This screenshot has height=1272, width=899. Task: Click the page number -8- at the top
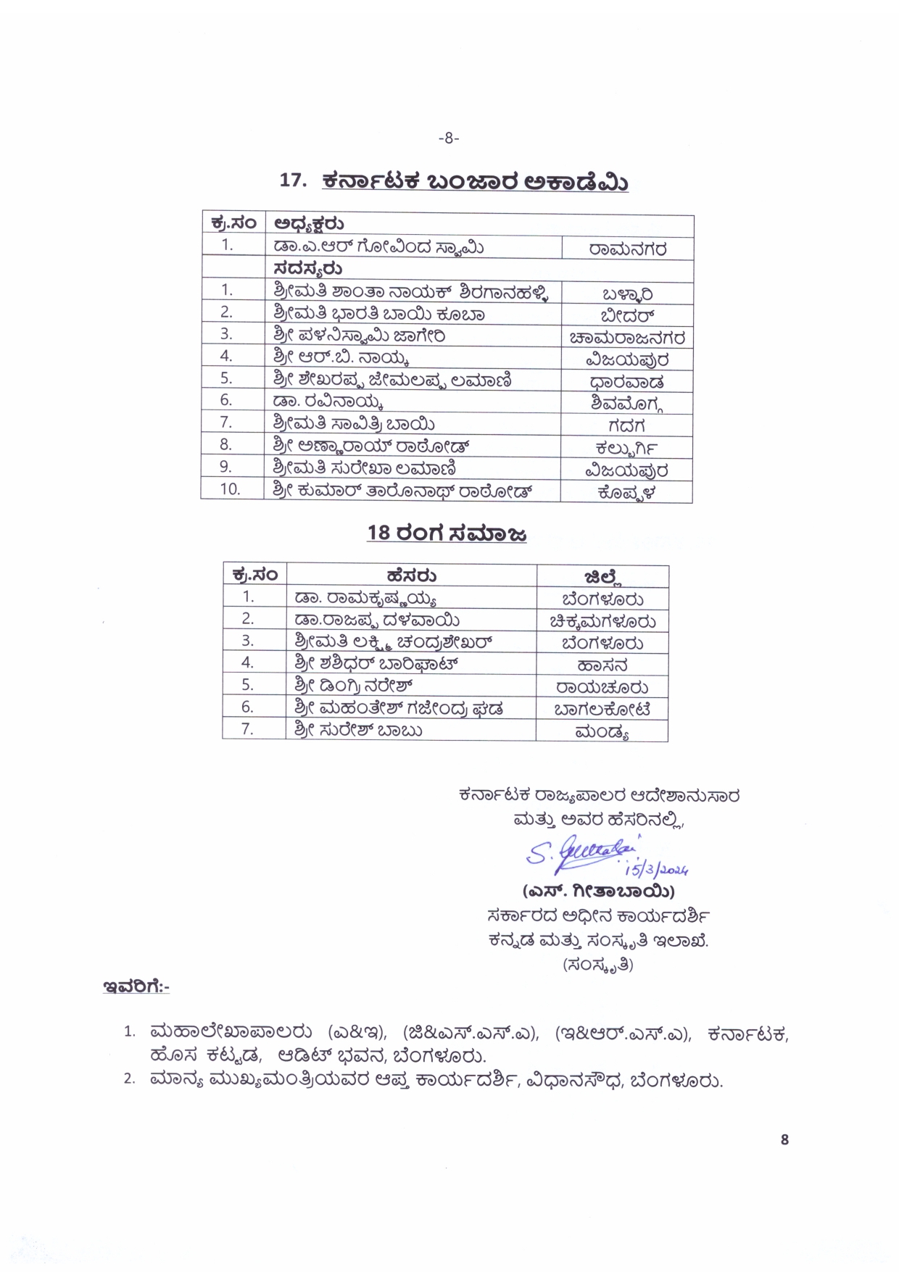[x=449, y=138]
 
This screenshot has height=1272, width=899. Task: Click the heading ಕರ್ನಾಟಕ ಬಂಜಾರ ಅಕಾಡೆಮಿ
[x=475, y=181]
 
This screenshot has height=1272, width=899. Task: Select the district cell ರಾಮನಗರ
[x=627, y=249]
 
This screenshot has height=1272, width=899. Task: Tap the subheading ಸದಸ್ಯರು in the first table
[x=308, y=270]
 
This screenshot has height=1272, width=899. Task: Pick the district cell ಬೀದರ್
[x=627, y=316]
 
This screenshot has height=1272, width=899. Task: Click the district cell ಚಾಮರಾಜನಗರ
[x=627, y=338]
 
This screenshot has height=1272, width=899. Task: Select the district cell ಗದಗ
[x=626, y=425]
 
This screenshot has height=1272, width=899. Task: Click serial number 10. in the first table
[x=231, y=489]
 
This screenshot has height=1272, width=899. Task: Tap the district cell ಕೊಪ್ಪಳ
[x=627, y=492]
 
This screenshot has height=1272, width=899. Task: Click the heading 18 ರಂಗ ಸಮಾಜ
[x=447, y=533]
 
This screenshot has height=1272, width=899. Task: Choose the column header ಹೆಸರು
[x=411, y=576]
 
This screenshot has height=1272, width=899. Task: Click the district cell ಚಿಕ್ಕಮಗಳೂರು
[x=602, y=621]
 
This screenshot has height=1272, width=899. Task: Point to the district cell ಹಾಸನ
[x=602, y=665]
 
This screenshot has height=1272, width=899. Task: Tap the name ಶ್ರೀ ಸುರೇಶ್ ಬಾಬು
[x=358, y=730]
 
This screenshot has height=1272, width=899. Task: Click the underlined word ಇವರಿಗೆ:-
[x=136, y=986]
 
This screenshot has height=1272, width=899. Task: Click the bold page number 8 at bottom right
[x=784, y=1139]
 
